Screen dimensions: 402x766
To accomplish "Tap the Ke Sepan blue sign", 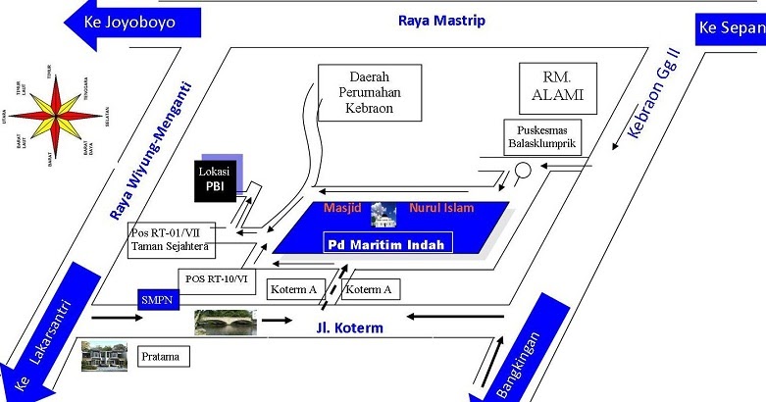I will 730,29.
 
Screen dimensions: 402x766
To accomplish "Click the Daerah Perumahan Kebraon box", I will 369,93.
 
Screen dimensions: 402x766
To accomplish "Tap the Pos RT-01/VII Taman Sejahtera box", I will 173,240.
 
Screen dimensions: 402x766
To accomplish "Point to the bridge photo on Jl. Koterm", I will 227,321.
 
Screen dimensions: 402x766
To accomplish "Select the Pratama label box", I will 161,354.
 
